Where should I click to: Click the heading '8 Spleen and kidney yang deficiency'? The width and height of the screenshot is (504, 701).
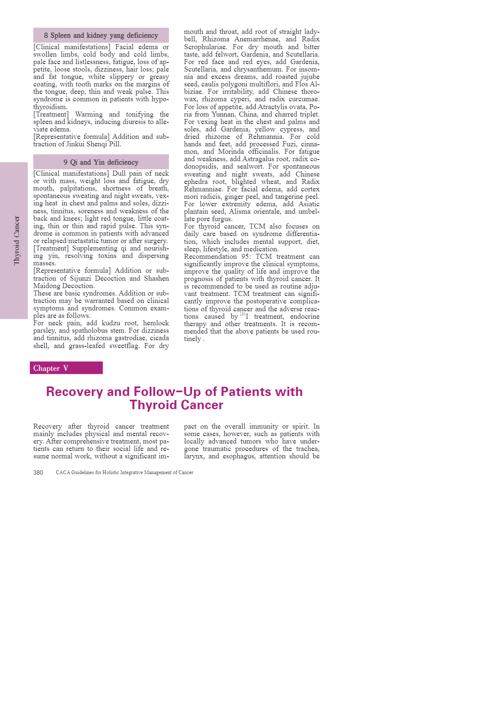101,36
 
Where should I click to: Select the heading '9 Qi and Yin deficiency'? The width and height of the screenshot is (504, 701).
101,162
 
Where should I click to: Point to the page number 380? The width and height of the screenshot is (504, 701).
38,472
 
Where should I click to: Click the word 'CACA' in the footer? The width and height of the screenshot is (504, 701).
63,472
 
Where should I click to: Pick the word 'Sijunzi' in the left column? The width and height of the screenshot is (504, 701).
80,279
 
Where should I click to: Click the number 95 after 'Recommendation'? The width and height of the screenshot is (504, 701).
246,257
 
